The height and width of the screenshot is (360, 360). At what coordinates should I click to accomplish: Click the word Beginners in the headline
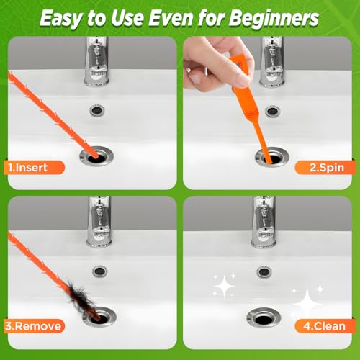pos(274,19)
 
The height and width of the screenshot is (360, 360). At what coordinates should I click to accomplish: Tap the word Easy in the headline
pos(60,19)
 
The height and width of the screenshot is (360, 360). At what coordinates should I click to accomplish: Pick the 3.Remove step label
pos(33,326)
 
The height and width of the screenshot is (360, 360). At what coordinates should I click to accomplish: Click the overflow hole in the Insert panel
pos(97,110)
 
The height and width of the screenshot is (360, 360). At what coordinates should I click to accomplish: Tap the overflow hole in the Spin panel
pos(272,112)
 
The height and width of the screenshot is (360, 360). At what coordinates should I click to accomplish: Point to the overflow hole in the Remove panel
pos(100,271)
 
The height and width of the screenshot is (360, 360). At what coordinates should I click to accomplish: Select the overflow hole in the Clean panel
pos(264,272)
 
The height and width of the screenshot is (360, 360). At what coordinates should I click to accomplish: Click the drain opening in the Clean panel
pos(264,319)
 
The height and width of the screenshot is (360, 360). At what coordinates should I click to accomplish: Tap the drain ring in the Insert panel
pos(96,156)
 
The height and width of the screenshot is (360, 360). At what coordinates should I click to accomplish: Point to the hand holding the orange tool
pos(216,63)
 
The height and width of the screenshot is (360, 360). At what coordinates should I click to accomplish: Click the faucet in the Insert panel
pos(96,61)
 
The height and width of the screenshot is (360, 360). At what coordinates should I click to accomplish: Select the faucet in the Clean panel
pos(264,222)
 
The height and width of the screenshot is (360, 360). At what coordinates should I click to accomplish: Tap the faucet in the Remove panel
pos(99,222)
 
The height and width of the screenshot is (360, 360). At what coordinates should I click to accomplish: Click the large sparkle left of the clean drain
pos(224,286)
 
